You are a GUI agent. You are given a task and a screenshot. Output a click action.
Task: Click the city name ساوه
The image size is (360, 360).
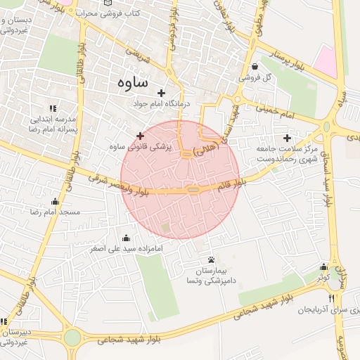click(x=129, y=82)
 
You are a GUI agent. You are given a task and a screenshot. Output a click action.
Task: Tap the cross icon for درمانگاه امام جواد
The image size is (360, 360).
click(x=161, y=93)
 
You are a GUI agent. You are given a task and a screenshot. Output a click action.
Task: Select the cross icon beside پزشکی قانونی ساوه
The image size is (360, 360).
click(x=140, y=136)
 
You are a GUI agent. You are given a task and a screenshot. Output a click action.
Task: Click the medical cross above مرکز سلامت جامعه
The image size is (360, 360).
click(x=286, y=138)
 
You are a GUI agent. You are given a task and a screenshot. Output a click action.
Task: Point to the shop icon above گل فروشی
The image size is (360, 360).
click(x=253, y=67)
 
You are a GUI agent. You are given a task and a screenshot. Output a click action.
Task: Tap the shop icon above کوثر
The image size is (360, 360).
click(x=323, y=267)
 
